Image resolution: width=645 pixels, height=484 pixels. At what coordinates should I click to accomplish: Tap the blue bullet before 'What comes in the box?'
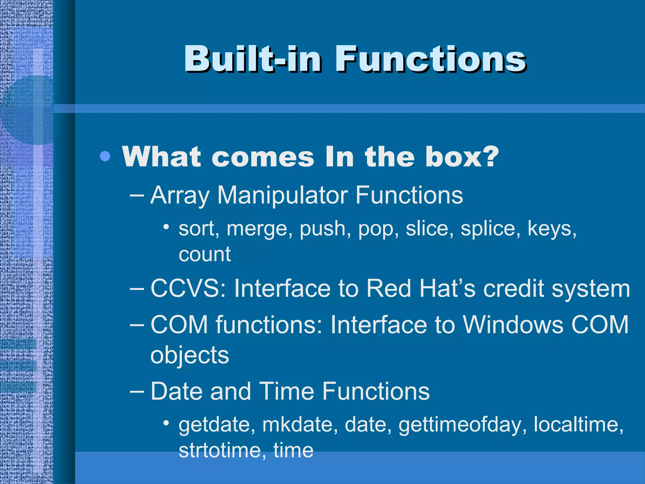[x=105, y=156]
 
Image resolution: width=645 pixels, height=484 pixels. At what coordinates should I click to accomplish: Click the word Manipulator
[x=282, y=195]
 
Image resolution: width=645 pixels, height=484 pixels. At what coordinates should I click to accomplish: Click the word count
[x=205, y=254]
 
